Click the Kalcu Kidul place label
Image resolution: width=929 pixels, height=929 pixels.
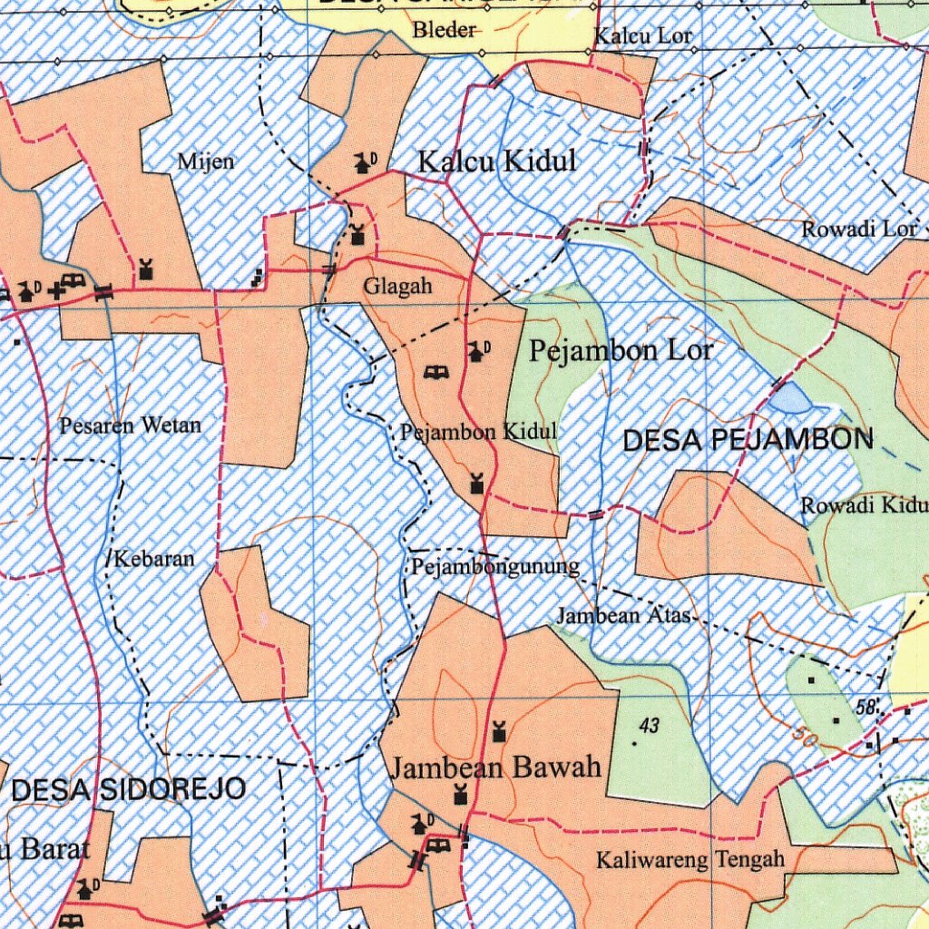tap(496, 161)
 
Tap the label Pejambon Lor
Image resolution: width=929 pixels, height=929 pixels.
tap(621, 350)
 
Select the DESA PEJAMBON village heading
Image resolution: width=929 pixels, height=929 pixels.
tap(748, 441)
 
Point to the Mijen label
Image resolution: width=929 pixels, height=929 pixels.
tap(206, 162)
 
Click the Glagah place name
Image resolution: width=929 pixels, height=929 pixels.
tap(397, 287)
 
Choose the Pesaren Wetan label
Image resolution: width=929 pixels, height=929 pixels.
tap(131, 425)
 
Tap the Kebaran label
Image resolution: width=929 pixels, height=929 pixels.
tap(154, 559)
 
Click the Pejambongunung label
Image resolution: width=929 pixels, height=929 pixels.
tap(495, 568)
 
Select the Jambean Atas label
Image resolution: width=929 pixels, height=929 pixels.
tap(623, 616)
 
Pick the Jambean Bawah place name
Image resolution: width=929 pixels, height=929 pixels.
tap(496, 768)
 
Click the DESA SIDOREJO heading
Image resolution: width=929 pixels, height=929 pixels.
tap(128, 789)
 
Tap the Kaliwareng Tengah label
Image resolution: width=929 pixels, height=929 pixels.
tap(689, 859)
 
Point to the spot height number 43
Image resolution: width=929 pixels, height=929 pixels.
tap(649, 725)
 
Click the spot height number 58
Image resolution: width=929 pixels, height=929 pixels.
tap(865, 706)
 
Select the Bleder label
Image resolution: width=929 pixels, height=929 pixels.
tap(445, 31)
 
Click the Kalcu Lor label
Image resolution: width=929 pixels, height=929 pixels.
tap(643, 37)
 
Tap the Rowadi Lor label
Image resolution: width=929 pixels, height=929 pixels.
tap(858, 230)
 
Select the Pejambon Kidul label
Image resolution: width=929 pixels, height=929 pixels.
tap(478, 432)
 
